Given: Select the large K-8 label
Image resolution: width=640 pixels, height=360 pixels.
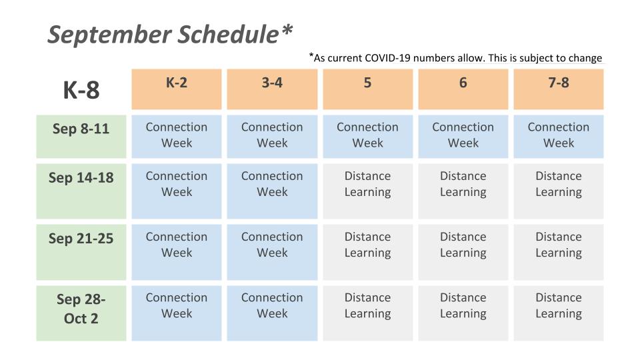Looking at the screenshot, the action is pos(81,90).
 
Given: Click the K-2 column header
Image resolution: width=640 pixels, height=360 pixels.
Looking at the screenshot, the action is pos(176,89).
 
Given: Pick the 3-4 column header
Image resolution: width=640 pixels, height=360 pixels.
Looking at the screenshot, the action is pos(272,89).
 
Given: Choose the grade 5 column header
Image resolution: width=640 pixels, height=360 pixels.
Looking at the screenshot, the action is pos(368,89).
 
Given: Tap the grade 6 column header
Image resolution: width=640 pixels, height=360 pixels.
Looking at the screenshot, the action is pos(463,89).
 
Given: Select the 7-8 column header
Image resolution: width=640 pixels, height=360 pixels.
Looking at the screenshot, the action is pos(559,89).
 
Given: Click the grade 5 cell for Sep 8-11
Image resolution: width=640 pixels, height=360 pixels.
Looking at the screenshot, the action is pos(368,136).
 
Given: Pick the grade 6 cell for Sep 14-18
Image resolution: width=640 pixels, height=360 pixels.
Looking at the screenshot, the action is pos(463,191).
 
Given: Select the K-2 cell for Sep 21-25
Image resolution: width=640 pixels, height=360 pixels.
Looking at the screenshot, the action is pos(176,252).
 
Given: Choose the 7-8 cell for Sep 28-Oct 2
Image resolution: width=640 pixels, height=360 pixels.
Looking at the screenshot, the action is pos(559,313).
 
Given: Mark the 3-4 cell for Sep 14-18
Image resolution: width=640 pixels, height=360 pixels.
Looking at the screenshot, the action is pos(272,191).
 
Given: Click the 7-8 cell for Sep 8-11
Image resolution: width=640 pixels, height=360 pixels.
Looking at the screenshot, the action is pos(559,136).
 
